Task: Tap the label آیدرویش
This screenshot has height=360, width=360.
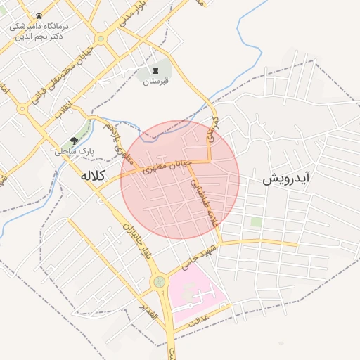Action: click(x=286, y=179)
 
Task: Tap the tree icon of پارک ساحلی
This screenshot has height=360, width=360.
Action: click(x=74, y=140)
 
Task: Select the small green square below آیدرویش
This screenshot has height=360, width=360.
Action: click(x=257, y=222)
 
